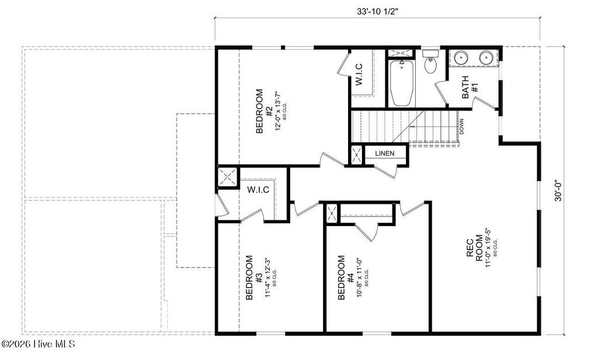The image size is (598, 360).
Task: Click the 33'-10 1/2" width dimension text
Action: (377, 11)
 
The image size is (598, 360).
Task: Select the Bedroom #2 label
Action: (265, 112)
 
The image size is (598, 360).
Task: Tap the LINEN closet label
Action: (384, 154)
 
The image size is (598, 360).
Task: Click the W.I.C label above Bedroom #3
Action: (258, 190)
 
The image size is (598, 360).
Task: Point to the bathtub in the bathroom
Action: (401, 83)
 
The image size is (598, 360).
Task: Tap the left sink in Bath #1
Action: (461, 58)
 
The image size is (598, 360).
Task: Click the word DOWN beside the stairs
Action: (461, 126)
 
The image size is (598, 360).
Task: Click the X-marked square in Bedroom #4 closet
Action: (332, 213)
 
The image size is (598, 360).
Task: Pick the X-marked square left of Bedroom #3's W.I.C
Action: (227, 177)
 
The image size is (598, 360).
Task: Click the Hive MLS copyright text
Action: (37, 344)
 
